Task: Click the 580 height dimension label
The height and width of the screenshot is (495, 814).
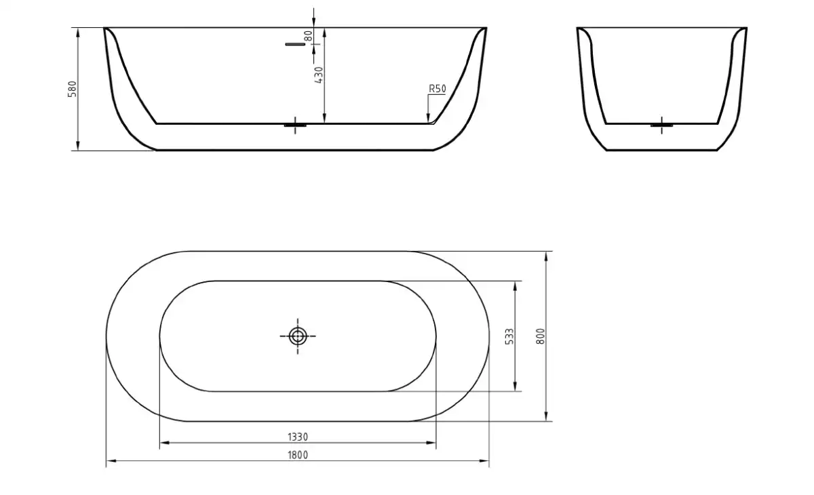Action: [73, 89]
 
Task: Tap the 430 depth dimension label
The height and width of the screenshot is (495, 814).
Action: [318, 75]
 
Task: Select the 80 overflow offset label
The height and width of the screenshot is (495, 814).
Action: [308, 36]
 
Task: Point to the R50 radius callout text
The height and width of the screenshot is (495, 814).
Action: [437, 89]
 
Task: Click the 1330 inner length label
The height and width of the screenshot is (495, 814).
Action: [298, 437]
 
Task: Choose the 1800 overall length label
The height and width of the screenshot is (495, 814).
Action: [298, 455]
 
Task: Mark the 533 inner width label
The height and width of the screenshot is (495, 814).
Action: [510, 336]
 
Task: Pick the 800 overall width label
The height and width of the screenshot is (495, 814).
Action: [541, 336]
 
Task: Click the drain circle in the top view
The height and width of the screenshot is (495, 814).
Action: [298, 336]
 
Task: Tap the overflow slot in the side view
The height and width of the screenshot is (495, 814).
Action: [295, 44]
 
